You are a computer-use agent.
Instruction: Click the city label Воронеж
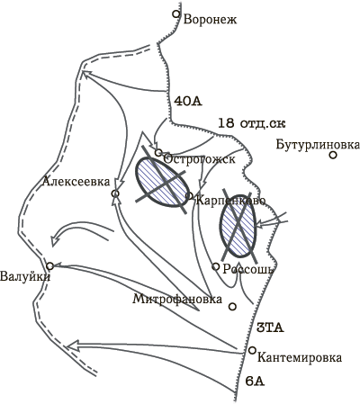pyautogui.click(x=211, y=20)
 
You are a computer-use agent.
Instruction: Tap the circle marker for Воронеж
pyautogui.click(x=176, y=13)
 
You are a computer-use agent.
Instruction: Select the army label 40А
pyautogui.click(x=188, y=102)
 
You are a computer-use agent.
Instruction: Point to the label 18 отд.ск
pyautogui.click(x=251, y=123)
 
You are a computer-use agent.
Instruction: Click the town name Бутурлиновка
pyautogui.click(x=318, y=145)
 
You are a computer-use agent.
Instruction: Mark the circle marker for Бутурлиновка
pyautogui.click(x=333, y=155)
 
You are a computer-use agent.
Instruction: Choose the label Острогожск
pyautogui.click(x=199, y=159)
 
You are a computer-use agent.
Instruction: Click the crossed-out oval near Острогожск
pyautogui.click(x=162, y=182)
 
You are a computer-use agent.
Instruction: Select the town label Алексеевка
pyautogui.click(x=76, y=182)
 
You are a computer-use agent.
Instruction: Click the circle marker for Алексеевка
pyautogui.click(x=115, y=193)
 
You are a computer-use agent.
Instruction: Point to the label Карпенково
pyautogui.click(x=230, y=201)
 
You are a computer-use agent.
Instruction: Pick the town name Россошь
pyautogui.click(x=248, y=269)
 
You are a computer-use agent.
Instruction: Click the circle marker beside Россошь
pyautogui.click(x=216, y=266)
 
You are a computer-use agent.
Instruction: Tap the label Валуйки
pyautogui.click(x=25, y=276)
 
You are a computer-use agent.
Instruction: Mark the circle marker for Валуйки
pyautogui.click(x=49, y=265)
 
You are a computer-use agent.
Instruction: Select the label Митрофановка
pyautogui.click(x=177, y=300)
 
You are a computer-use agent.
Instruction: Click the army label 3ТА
pyautogui.click(x=270, y=328)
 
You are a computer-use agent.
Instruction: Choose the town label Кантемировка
pyautogui.click(x=300, y=358)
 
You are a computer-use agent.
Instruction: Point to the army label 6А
pyautogui.click(x=255, y=382)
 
